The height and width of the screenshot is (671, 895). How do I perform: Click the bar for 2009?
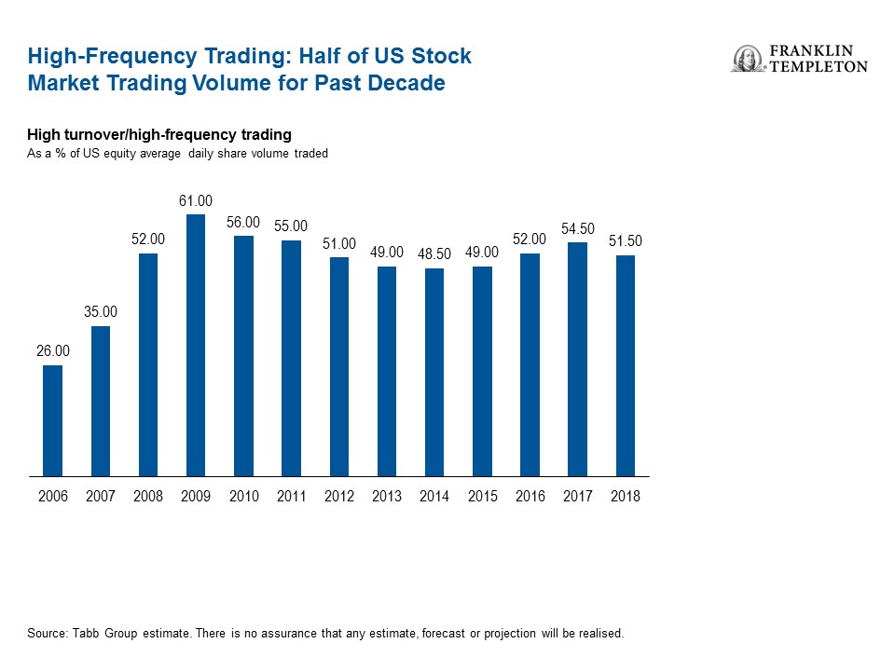click(196, 345)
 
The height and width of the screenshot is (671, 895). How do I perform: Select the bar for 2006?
click(53, 420)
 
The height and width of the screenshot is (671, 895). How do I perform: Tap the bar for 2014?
click(434, 373)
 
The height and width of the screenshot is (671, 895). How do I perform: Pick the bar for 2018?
click(626, 365)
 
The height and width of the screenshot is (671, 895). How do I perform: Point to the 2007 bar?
click(101, 401)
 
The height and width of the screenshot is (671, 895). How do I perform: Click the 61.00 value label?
click(196, 200)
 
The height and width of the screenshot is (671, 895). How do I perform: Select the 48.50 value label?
click(434, 254)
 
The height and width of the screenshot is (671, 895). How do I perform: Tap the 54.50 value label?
click(578, 228)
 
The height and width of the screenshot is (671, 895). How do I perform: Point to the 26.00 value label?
click(53, 350)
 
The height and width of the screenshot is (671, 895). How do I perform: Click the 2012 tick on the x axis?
click(339, 497)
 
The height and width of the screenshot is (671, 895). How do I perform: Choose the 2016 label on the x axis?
click(530, 497)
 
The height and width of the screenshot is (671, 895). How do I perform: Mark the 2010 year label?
click(244, 497)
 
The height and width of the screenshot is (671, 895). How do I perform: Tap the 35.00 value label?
click(101, 311)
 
